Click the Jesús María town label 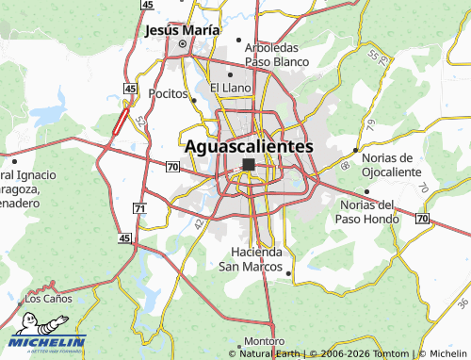click(182, 29)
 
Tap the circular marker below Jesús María click(183, 43)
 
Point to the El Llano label click(231, 88)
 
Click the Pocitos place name click(170, 95)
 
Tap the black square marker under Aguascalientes click(248, 165)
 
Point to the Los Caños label click(47, 298)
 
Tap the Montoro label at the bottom click(264, 340)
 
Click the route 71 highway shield click(140, 207)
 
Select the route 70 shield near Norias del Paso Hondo click(421, 219)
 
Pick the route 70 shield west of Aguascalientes click(171, 167)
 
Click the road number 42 click(199, 223)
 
